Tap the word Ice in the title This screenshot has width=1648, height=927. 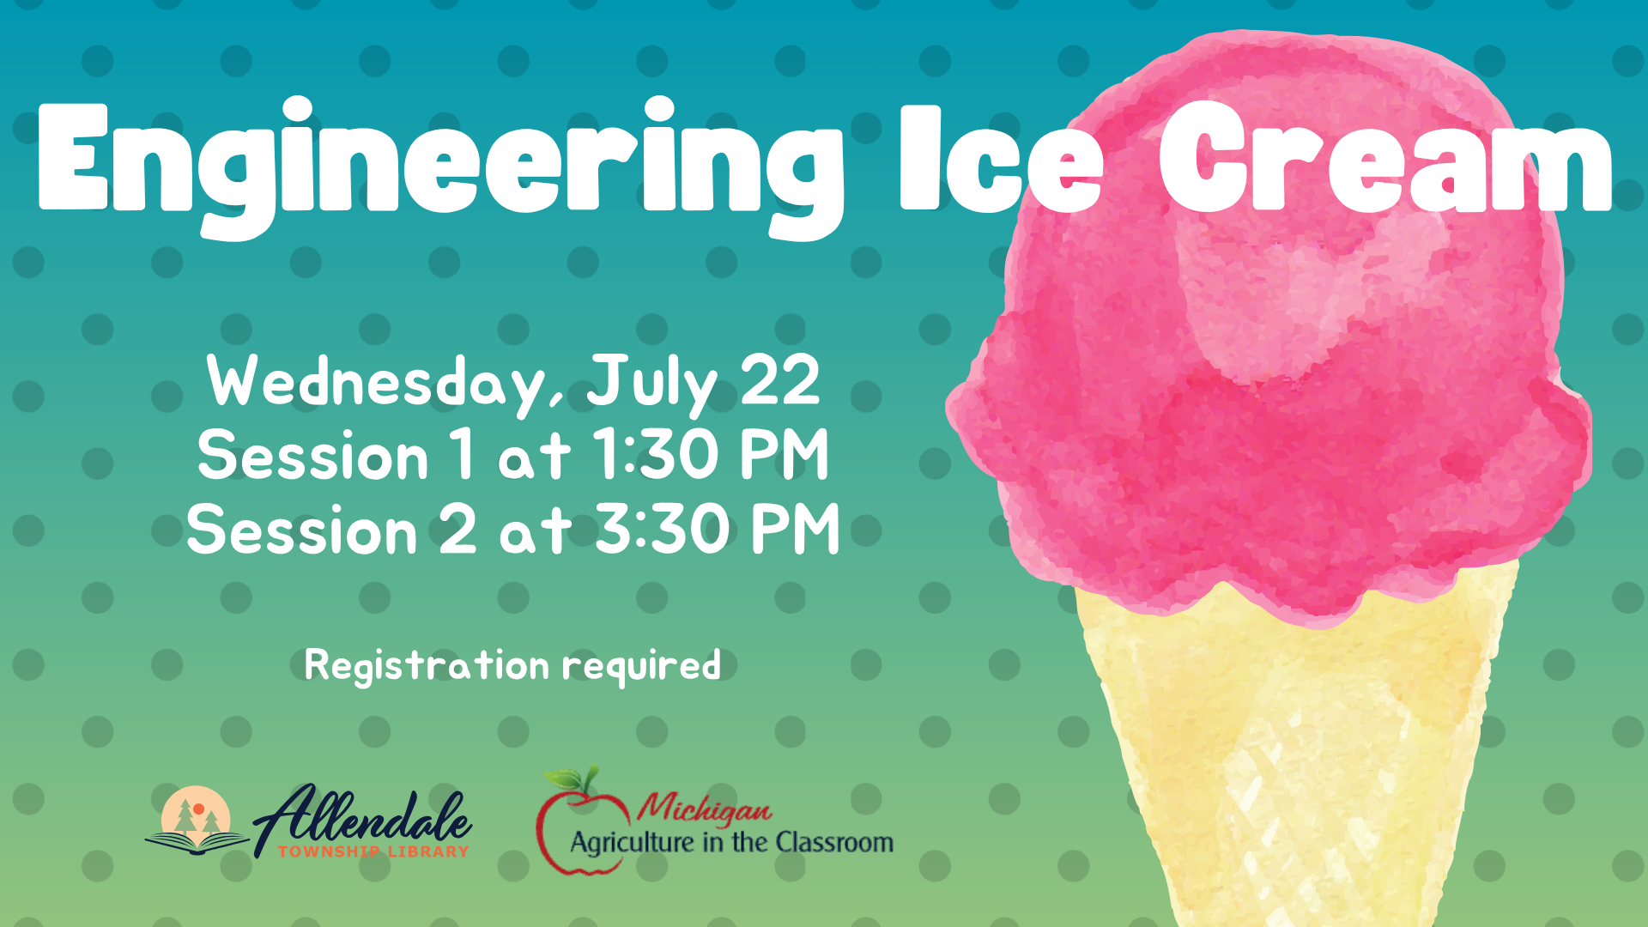1001,159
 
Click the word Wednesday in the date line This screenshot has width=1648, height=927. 385,383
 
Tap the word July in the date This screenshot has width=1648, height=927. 651,385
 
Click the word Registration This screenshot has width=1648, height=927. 427,665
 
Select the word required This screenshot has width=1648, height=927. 642,666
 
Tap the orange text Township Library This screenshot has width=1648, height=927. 373,851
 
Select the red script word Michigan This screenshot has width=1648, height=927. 703,807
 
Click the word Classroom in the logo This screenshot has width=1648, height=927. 834,842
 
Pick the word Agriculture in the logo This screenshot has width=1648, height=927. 633,843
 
